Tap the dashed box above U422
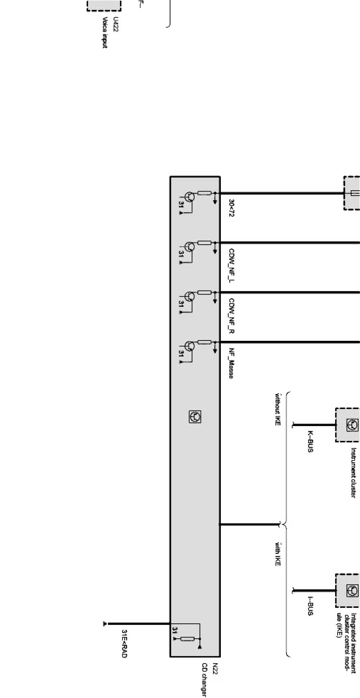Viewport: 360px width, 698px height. click(104, 5)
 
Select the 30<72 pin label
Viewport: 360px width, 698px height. click(231, 208)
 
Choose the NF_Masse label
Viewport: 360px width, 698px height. click(231, 363)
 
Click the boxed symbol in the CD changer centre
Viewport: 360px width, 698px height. click(195, 416)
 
